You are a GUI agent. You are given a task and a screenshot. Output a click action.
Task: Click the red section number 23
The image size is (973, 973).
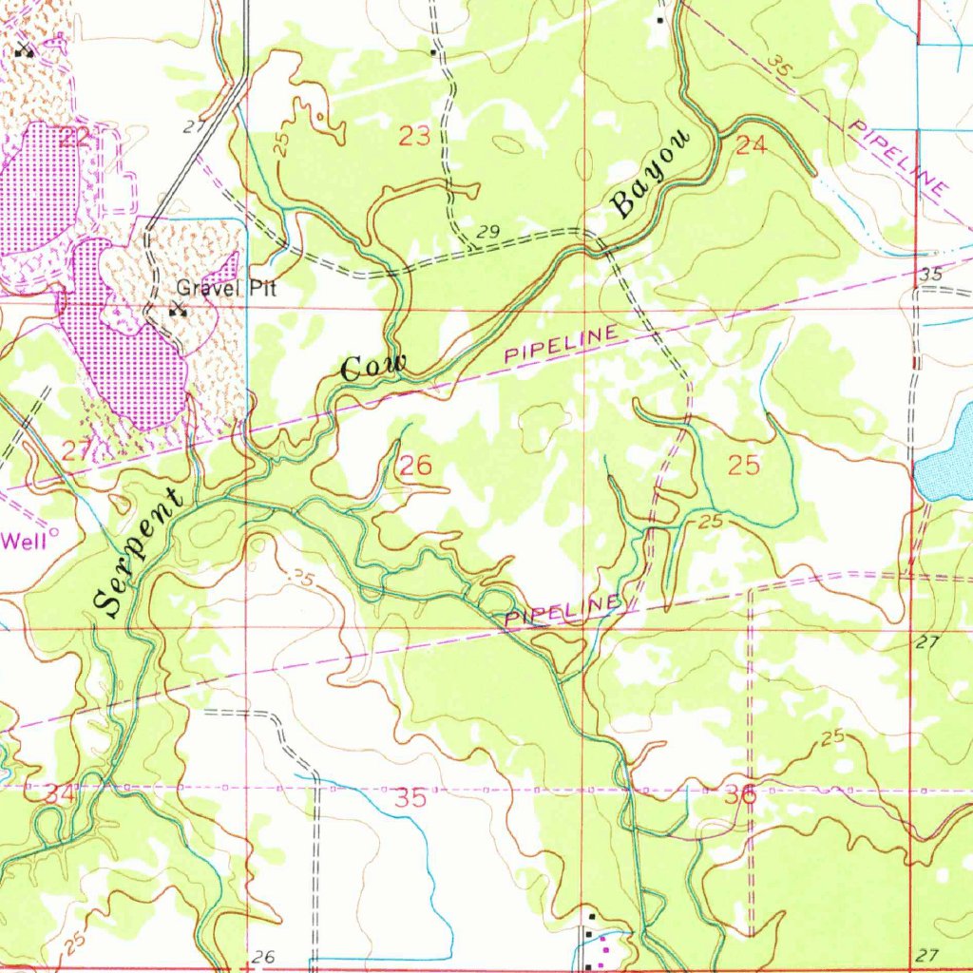414,137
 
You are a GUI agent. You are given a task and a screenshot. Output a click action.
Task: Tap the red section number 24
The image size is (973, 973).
751,145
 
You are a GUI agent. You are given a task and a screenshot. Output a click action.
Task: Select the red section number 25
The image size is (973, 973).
744,466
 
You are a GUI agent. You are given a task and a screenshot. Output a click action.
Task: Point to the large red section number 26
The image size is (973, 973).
415,466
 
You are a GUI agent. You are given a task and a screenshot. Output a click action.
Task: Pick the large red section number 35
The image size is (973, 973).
411,798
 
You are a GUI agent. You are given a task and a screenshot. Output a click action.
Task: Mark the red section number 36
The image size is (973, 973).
741,796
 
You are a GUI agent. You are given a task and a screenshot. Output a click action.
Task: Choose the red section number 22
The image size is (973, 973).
74,137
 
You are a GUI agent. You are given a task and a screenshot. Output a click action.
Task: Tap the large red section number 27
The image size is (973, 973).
77,451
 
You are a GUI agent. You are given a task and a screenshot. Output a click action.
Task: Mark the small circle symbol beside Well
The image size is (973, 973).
53,534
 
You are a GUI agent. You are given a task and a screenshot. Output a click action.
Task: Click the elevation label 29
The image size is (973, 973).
488,233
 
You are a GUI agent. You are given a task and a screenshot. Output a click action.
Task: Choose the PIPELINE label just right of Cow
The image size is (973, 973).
560,344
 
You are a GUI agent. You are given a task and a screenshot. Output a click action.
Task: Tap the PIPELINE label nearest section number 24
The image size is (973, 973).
897,160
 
